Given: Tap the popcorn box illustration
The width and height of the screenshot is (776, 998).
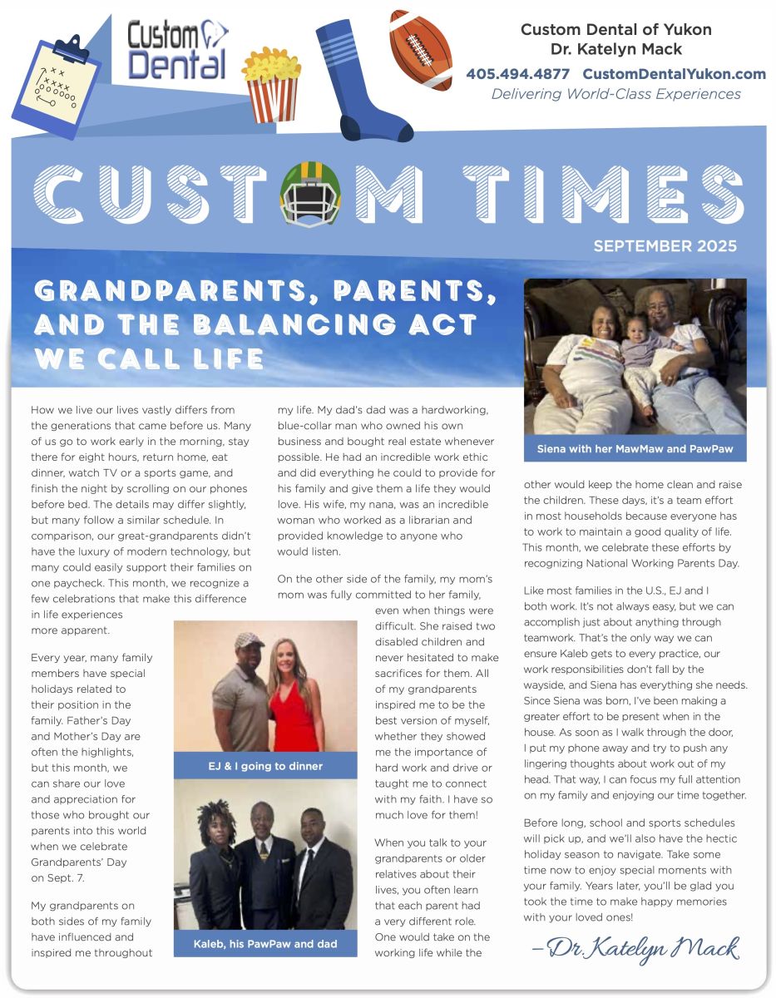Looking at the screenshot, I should point(271,84).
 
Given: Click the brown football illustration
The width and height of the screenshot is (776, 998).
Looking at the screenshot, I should point(422,51).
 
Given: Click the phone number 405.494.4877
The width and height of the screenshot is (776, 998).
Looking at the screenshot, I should point(517,74).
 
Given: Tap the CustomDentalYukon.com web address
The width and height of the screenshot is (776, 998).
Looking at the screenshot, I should point(674,74).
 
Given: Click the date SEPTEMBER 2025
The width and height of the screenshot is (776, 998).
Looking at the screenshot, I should point(665,246).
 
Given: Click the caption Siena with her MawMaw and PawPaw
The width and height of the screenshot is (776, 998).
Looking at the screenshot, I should point(635,449).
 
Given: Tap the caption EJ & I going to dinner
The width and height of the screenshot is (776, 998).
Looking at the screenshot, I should point(264,765).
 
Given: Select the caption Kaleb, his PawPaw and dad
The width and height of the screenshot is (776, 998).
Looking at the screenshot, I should point(264,944).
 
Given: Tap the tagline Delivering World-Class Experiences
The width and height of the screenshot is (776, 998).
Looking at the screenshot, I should point(615,94).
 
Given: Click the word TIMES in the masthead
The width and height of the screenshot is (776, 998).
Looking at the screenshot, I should point(603,192).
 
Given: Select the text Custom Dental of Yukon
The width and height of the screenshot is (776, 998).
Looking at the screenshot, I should point(615,30).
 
